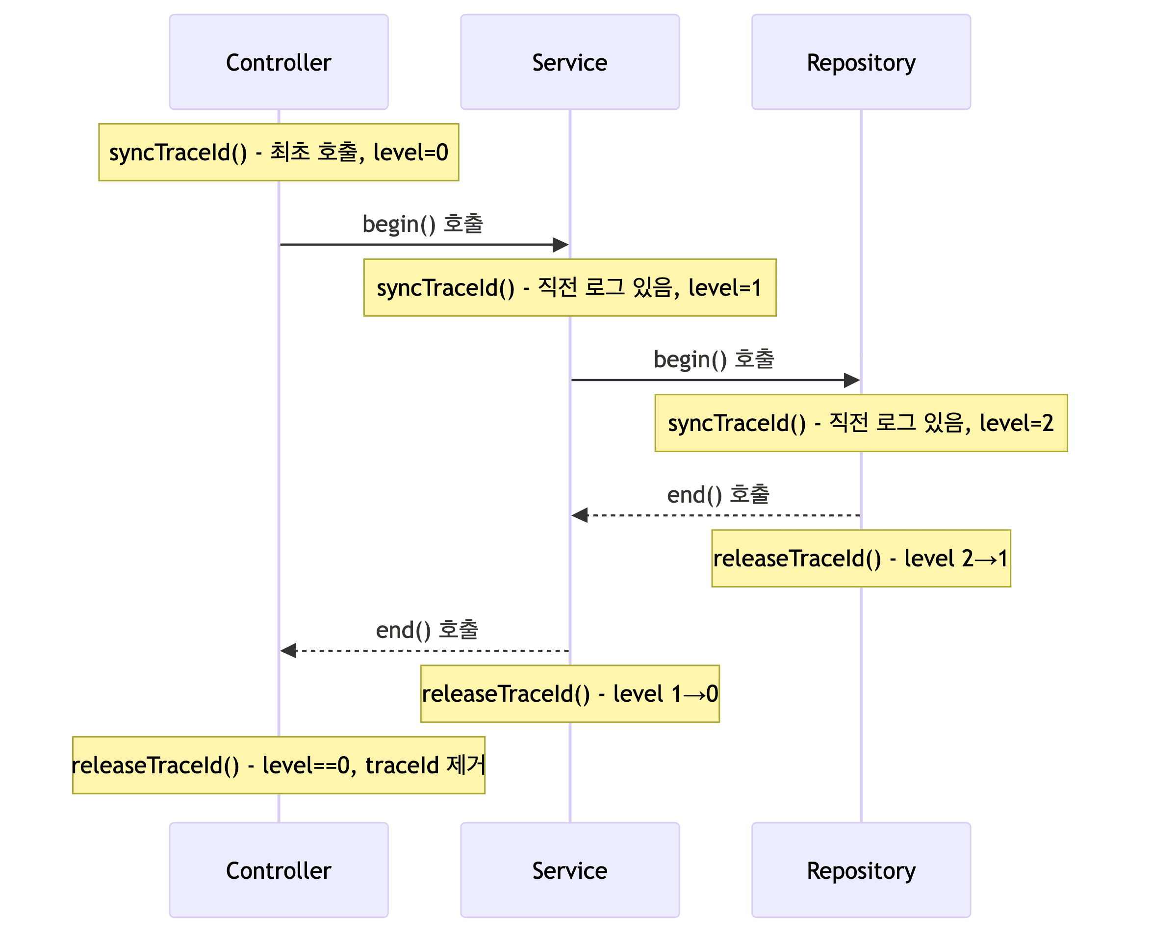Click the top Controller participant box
click(279, 62)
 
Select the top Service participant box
click(570, 62)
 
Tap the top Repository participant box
click(861, 62)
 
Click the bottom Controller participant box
click(279, 870)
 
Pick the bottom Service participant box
click(570, 870)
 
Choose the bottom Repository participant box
click(861, 870)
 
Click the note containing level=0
click(279, 152)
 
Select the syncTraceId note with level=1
click(570, 287)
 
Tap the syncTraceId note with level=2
click(861, 423)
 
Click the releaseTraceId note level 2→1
click(861, 558)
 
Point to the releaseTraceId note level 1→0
click(570, 693)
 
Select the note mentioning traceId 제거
click(279, 765)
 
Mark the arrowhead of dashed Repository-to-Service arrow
click(579, 515)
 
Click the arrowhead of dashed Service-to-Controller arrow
click(288, 650)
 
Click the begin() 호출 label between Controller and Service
click(423, 224)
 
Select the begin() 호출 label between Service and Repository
click(714, 359)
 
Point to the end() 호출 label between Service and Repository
click(718, 494)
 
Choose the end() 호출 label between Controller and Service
click(427, 630)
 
